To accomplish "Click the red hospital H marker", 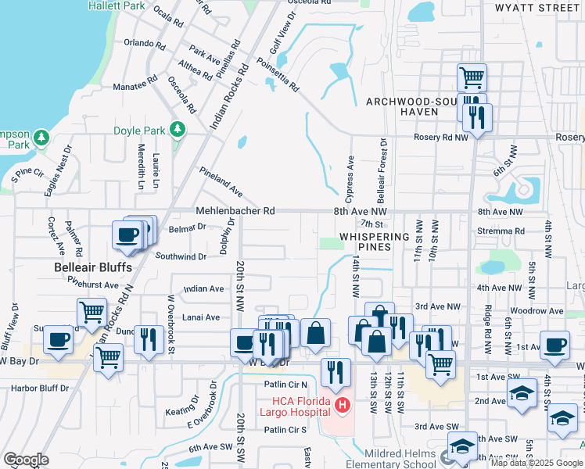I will click(x=342, y=405).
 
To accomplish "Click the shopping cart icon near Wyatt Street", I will click(x=472, y=77).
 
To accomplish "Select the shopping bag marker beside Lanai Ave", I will click(x=314, y=333).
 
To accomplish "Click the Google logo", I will click(x=26, y=460).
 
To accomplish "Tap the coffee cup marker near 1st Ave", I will click(x=555, y=344).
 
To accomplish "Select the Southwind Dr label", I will click(x=181, y=256).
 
